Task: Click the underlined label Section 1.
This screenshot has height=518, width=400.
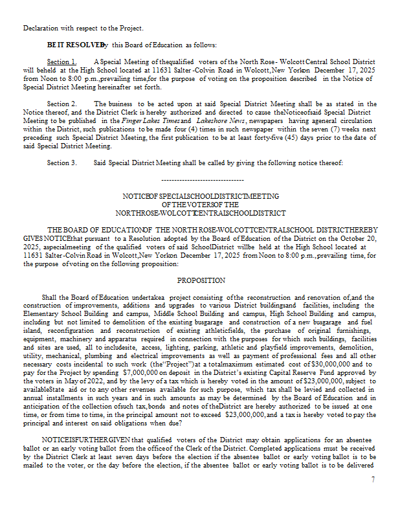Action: pyautogui.click(x=61, y=62)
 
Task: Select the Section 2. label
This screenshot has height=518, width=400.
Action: pyautogui.click(x=61, y=104)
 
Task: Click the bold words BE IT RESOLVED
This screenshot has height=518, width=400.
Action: pyautogui.click(x=74, y=45)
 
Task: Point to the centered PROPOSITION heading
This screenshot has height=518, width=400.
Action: pyautogui.click(x=201, y=280)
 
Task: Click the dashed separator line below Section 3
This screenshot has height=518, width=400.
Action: pyautogui.click(x=201, y=179)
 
